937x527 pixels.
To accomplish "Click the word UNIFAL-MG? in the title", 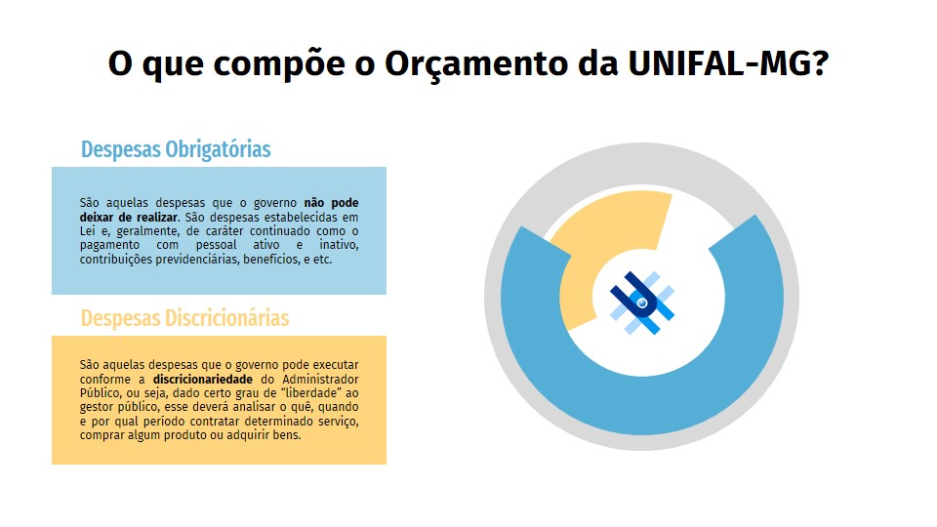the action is pos(728,63).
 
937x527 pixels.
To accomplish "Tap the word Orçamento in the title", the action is pos(475,64).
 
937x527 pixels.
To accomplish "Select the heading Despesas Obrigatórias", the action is pos(176,149).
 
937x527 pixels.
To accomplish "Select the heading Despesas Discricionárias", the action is pos(184,318).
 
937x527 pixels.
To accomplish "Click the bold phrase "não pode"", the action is pos(331,203).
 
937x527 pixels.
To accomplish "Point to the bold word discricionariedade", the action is pos(203,380).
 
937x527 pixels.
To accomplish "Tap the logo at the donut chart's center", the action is pos(642,303).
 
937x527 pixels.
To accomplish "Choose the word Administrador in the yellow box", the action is pos(320,380).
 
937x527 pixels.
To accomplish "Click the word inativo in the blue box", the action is pos(339,246).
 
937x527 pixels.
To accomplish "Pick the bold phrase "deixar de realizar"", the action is pos(129,218).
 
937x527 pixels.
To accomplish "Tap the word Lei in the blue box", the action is pos(87,231).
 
